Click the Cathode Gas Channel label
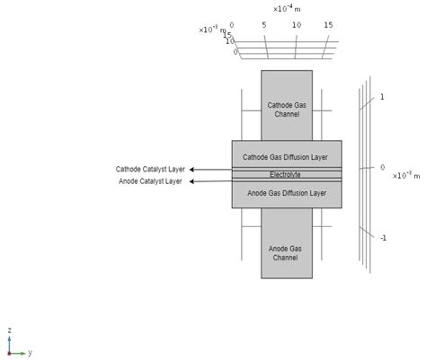point(286,110)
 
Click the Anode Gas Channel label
point(286,252)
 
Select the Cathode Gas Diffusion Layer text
point(286,157)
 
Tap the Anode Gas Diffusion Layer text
point(286,192)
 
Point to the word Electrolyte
point(286,174)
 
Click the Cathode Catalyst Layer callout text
point(149,169)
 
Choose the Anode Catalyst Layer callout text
point(150,181)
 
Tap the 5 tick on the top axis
point(264,25)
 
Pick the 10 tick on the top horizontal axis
point(297,25)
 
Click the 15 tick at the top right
point(329,25)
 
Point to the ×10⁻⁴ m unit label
point(287,9)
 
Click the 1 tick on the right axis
point(382,96)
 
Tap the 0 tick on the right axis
point(382,167)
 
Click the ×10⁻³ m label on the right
point(407,175)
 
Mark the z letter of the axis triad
point(9,330)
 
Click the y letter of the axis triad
point(30,353)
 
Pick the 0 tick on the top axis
point(232,25)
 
